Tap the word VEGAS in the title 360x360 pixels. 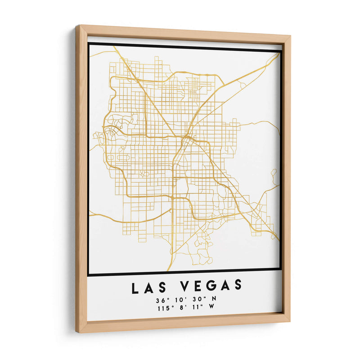pos(211,285)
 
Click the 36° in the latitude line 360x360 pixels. pos(161,300)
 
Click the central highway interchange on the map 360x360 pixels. pos(185,137)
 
